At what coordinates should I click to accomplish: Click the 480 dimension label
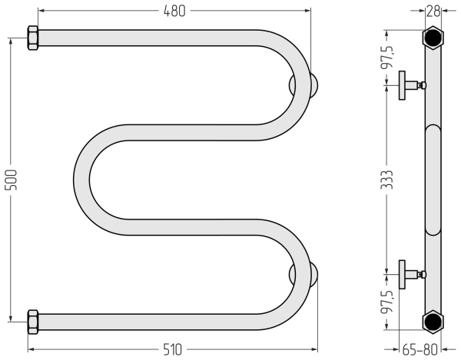click(x=174, y=12)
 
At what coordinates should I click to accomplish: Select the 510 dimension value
click(x=172, y=350)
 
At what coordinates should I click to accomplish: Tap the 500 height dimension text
click(x=12, y=180)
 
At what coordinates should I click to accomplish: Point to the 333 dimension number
click(x=386, y=180)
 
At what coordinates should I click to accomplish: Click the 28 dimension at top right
click(x=433, y=12)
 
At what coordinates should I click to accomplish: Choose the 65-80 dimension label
click(x=420, y=350)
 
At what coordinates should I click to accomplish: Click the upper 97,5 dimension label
click(x=387, y=57)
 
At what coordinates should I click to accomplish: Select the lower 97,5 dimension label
click(x=387, y=302)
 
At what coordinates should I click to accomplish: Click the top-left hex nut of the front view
click(x=33, y=38)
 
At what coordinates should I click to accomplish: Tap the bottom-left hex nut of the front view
click(x=33, y=322)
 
